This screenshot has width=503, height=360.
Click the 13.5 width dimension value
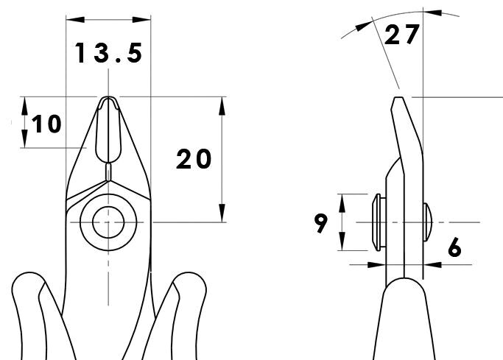point(108,53)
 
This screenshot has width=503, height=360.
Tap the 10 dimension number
point(46,124)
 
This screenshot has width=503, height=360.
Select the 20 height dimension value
point(194,159)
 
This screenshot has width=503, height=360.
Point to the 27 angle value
point(401,35)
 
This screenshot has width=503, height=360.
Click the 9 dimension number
point(321,224)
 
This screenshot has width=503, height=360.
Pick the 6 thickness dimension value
point(454,247)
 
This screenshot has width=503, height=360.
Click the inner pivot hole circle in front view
point(108,222)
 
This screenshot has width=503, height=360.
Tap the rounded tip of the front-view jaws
point(108,98)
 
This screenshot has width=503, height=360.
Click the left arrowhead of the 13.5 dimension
point(75,20)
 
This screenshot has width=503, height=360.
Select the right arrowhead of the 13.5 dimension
point(141,20)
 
